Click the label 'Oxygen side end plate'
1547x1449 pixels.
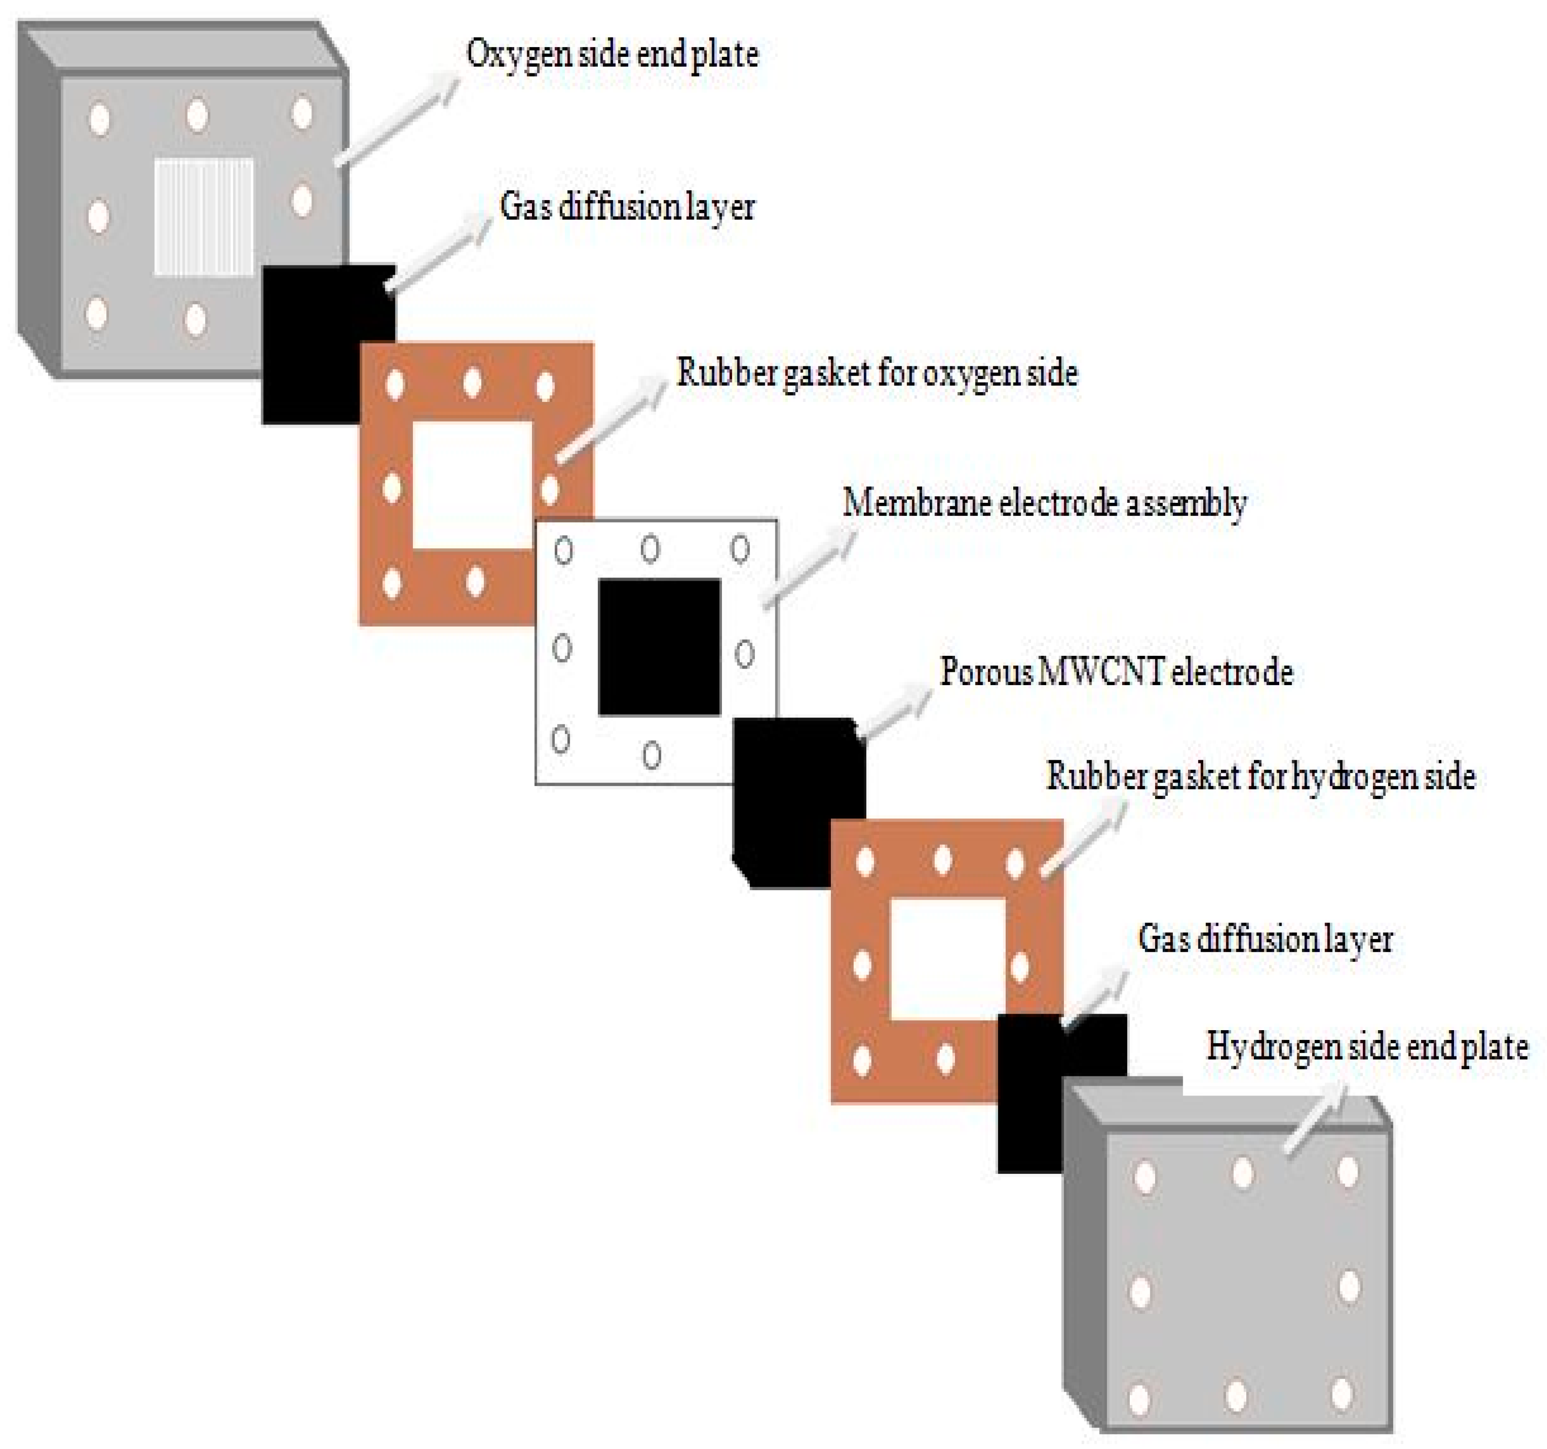coord(612,54)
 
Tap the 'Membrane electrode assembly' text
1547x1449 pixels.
coord(1044,503)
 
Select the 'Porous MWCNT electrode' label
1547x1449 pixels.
coord(1116,671)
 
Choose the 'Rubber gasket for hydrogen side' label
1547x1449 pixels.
coord(1261,776)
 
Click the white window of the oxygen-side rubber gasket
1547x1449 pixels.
coord(471,485)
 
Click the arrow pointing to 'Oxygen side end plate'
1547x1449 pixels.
coord(397,120)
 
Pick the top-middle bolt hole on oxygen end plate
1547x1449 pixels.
coord(197,115)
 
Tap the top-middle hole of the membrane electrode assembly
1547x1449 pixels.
coord(650,549)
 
